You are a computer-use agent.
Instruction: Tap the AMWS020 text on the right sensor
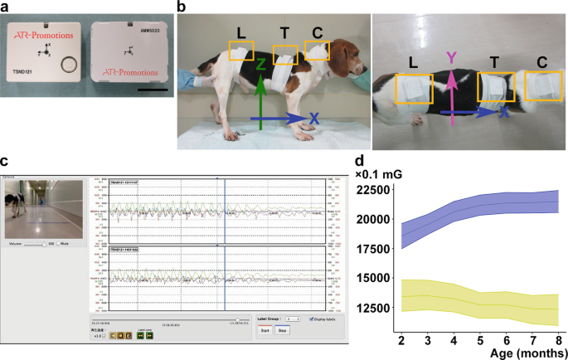point(146,28)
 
